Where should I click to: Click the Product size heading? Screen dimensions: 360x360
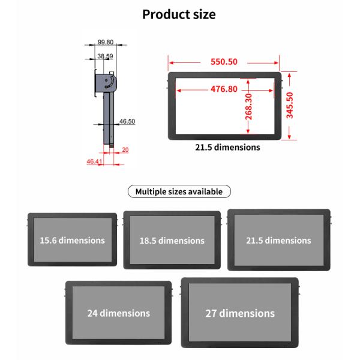tap(179, 14)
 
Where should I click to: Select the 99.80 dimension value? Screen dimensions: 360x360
tap(106, 42)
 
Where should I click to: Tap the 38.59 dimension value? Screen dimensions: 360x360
tap(105, 56)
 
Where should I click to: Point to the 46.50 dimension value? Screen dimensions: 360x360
tap(127, 121)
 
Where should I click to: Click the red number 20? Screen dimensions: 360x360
tap(125, 149)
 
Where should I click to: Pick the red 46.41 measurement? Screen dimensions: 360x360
tap(94, 161)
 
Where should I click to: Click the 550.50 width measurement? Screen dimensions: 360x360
tap(224, 62)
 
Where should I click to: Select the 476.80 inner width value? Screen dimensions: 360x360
tap(224, 89)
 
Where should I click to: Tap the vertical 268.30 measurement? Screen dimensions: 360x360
tap(248, 107)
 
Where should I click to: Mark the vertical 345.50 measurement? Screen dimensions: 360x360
tap(290, 106)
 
